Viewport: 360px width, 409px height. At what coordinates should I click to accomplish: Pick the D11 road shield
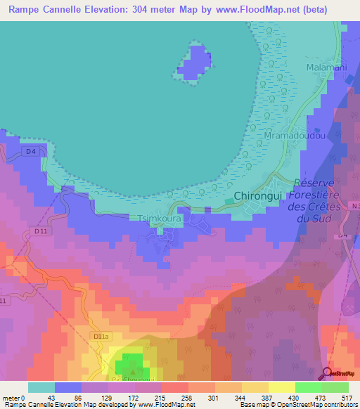[x=40, y=231]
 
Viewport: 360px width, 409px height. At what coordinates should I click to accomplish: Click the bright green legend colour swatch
[x=308, y=387]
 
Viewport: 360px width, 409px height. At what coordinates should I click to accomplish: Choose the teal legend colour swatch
[x=41, y=387]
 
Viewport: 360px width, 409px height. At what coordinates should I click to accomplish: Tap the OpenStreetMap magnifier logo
[x=328, y=374]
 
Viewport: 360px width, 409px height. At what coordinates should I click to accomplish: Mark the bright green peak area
[x=128, y=363]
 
